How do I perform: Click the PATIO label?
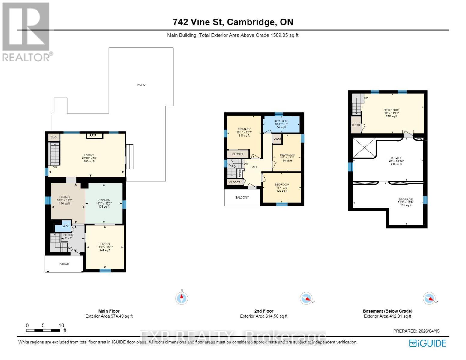click(141, 85)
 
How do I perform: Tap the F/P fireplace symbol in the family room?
click(94, 136)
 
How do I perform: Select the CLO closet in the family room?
click(54, 137)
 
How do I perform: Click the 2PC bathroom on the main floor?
click(65, 226)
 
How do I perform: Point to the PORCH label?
click(64, 264)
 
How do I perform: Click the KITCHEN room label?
click(104, 200)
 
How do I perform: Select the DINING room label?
click(65, 197)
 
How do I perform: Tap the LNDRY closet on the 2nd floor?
click(277, 139)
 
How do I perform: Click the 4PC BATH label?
click(281, 121)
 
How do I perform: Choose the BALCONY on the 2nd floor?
click(242, 198)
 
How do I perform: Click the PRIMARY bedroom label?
click(244, 129)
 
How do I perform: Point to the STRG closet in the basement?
click(356, 125)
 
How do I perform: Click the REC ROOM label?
click(392, 110)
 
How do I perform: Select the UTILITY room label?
click(396, 158)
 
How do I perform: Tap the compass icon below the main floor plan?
click(182, 298)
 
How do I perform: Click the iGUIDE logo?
click(428, 343)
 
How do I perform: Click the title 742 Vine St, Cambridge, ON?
click(233, 22)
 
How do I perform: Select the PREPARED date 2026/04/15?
click(416, 331)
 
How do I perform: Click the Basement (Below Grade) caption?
click(387, 311)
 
